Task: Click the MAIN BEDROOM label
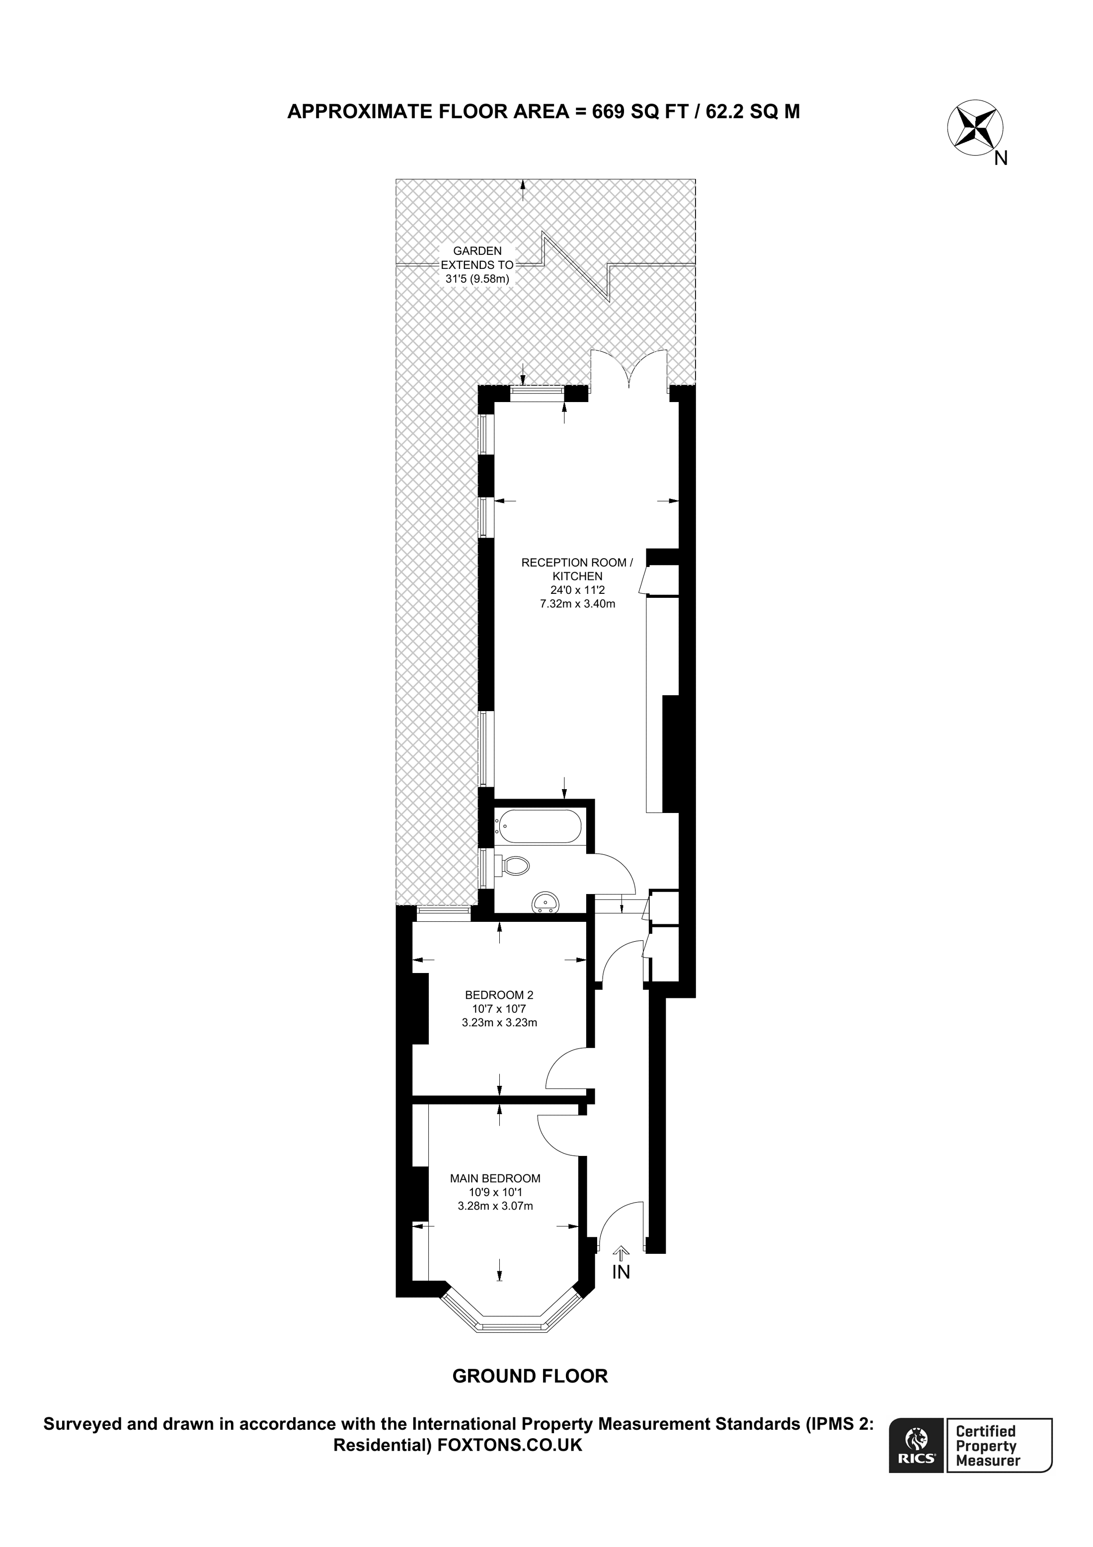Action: [x=495, y=1178]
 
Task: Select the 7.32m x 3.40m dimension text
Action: [x=577, y=604]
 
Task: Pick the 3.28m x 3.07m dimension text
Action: [x=495, y=1206]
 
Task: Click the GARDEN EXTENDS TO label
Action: [x=477, y=258]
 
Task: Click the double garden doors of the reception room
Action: [x=629, y=371]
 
